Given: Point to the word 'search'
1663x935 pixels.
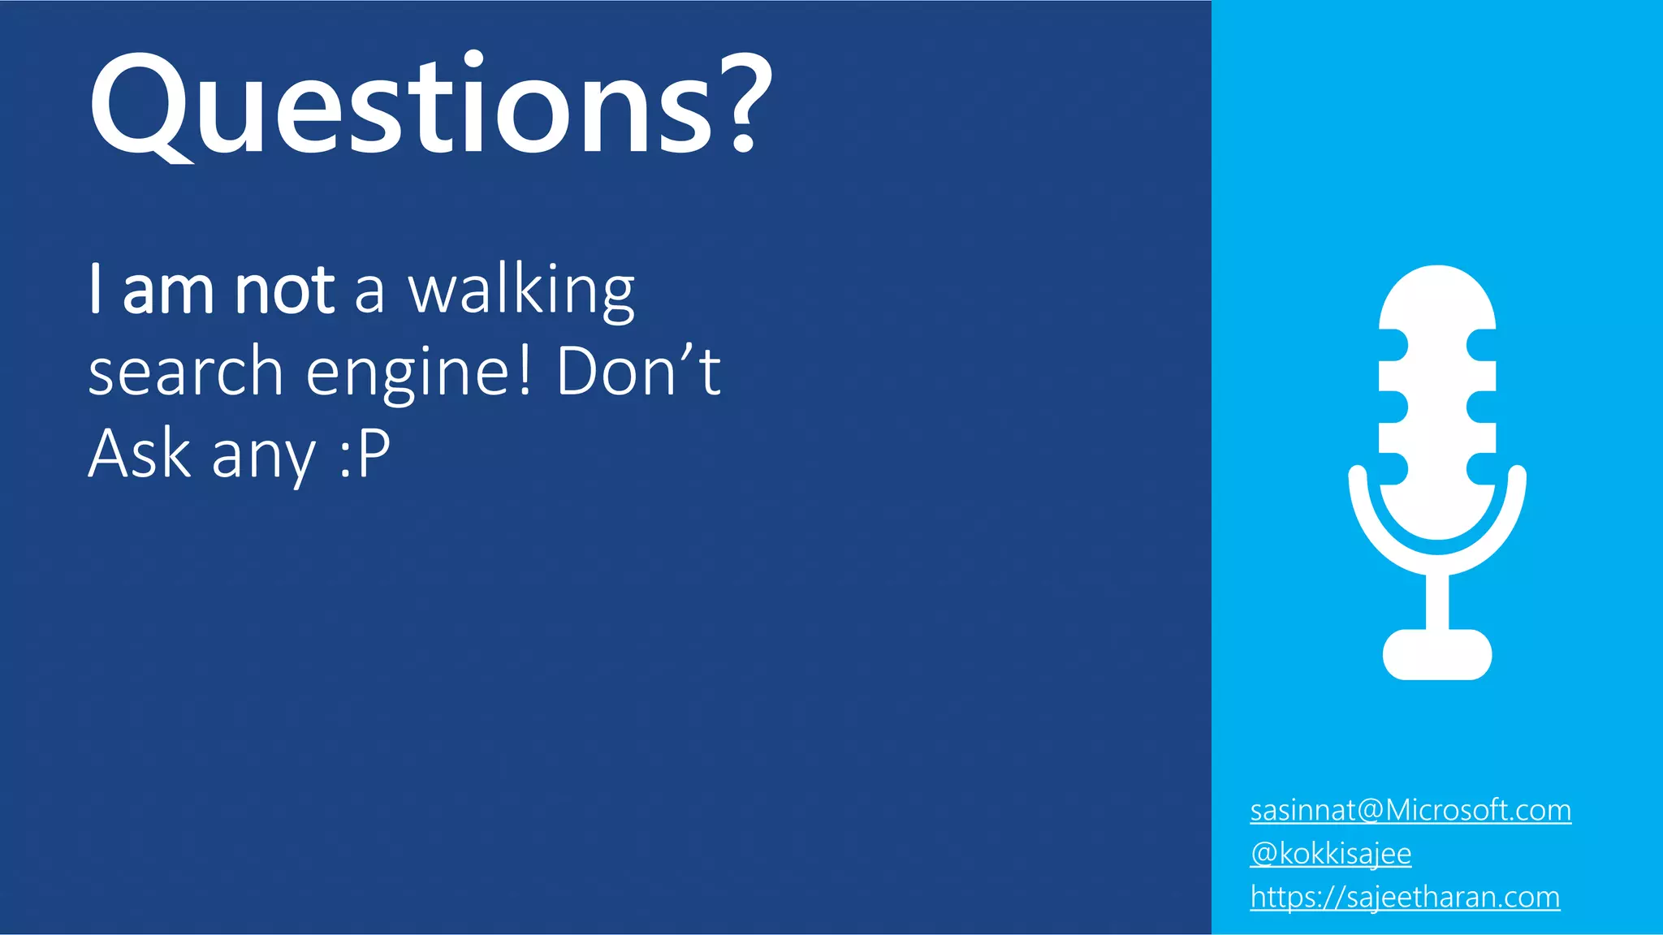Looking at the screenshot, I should [x=185, y=372].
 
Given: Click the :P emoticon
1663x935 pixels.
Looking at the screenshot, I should [x=365, y=455].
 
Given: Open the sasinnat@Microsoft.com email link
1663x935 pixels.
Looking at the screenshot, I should [x=1410, y=810].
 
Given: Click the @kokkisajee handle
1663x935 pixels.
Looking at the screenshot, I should [x=1331, y=853].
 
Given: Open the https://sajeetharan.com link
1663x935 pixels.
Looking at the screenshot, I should [x=1405, y=897].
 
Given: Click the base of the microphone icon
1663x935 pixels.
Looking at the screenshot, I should [x=1437, y=654].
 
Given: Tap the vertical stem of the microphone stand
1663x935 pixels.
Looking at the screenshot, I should [x=1437, y=601].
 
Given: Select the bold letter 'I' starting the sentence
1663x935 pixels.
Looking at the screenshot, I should [x=96, y=288].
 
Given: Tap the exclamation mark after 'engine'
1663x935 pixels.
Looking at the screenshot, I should [x=525, y=370].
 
